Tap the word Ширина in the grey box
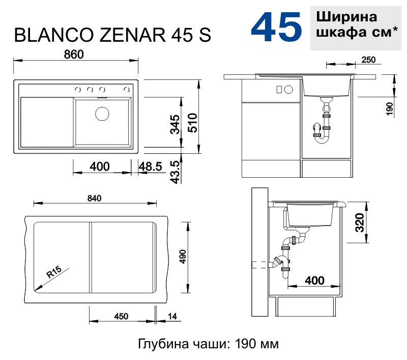tap(347, 17)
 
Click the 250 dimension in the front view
tap(368, 60)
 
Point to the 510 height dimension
tap(192, 123)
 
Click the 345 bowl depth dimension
tap(175, 124)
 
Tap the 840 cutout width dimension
tap(95, 198)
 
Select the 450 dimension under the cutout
tap(121, 317)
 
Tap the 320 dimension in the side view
tap(360, 223)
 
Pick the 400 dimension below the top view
tap(100, 166)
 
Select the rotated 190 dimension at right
tap(389, 109)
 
